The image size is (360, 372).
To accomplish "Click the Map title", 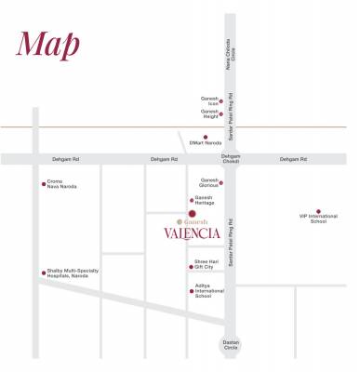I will [x=47, y=44].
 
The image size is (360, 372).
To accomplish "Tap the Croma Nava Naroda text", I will [x=61, y=185].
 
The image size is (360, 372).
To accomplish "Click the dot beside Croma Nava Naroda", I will [x=43, y=183].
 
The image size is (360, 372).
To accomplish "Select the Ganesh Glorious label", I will [x=209, y=182].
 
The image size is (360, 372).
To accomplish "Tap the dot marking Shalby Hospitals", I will [x=43, y=272].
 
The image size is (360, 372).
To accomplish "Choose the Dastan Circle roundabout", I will [x=230, y=345].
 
